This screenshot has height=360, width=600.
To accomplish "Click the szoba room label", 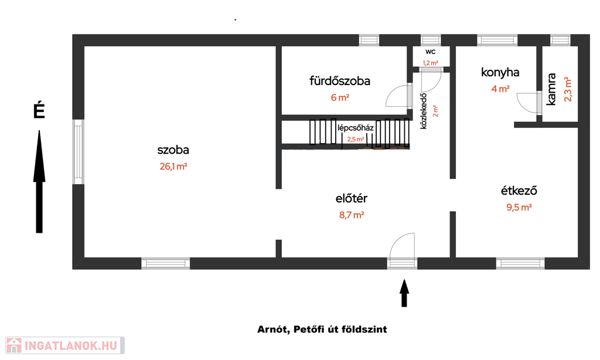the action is (x=173, y=150).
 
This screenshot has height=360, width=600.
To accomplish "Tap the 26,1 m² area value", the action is (x=173, y=167).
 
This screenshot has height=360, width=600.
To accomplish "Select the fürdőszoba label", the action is (x=340, y=81).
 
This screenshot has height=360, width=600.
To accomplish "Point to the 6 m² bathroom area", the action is (x=340, y=98).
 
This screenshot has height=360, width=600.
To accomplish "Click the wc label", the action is (x=431, y=52).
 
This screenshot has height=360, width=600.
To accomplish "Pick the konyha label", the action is (x=500, y=72).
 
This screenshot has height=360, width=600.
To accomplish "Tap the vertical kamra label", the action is (x=551, y=89).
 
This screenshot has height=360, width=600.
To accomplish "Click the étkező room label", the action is (x=519, y=191).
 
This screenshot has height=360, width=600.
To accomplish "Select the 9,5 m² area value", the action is (x=519, y=207).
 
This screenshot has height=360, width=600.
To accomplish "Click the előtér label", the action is (x=352, y=198).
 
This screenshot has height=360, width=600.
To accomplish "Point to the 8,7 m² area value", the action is (x=352, y=215).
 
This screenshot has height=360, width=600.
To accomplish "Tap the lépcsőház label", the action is (x=356, y=128).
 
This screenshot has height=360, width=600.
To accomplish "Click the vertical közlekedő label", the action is (x=423, y=111).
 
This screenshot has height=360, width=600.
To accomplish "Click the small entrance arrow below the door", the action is (x=404, y=293).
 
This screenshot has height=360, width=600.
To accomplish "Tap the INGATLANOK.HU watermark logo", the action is (x=65, y=345).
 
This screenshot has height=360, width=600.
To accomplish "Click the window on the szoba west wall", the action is (x=78, y=152).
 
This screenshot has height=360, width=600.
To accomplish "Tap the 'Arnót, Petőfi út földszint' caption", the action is (x=322, y=330).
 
